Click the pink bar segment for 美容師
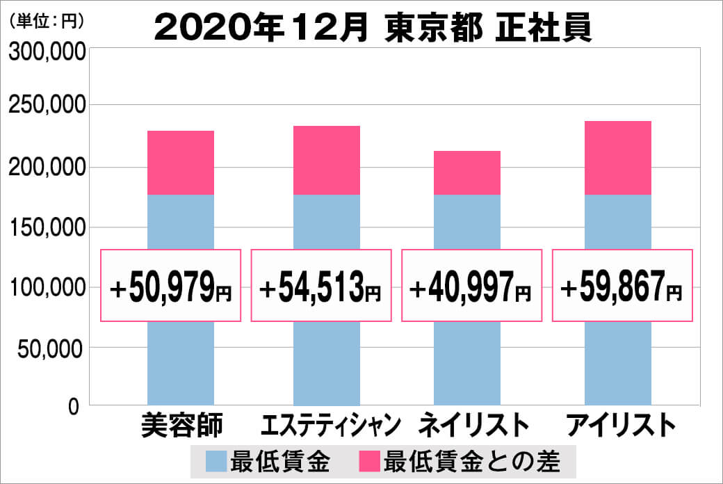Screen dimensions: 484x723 point(181,163)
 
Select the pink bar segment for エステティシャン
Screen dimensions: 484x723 point(327,160)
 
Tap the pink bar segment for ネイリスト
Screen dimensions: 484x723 point(466,172)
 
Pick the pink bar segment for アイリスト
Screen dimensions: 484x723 point(618,158)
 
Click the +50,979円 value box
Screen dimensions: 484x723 point(171,285)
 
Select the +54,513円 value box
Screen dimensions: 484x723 point(321,285)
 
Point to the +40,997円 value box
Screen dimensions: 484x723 point(471,285)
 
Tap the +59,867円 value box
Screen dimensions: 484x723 point(622,285)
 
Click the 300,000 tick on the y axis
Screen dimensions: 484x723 point(47,53)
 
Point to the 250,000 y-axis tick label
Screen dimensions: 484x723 point(47,106)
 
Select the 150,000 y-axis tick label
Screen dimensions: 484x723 point(47,227)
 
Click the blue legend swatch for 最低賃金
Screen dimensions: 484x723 point(216,460)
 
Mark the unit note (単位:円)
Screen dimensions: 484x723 point(47,21)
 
